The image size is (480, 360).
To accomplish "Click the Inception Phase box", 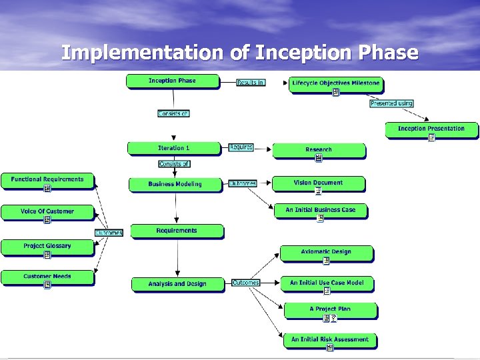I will tap(172, 81).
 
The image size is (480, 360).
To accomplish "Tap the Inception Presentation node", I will tap(431, 129).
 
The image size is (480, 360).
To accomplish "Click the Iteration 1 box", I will tap(174, 148).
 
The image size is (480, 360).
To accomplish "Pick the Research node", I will tap(319, 151).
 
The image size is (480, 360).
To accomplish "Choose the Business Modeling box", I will tap(175, 184).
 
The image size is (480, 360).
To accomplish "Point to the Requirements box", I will tap(177, 231).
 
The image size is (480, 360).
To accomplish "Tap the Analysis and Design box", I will tap(177, 284).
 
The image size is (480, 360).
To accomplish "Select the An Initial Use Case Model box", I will tap(327, 284).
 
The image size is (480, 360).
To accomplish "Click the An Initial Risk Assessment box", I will tap(329, 340).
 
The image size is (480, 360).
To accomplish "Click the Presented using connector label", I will tap(391, 103).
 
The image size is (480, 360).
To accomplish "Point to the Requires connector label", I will tap(241, 147).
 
